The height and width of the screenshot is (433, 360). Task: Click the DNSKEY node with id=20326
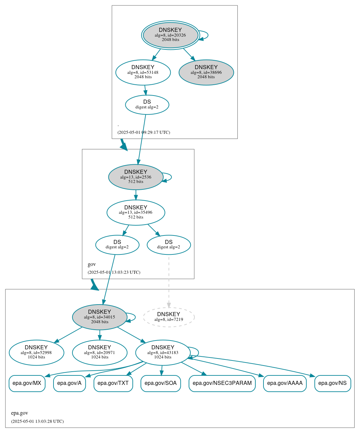[x=170, y=35]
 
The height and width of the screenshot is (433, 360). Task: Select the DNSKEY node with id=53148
[x=143, y=72]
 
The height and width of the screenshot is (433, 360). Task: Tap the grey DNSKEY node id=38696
[x=206, y=72]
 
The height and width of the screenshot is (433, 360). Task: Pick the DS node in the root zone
[x=147, y=105]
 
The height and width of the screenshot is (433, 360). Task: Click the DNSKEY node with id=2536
[x=136, y=177]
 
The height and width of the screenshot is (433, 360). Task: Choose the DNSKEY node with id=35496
[x=136, y=212]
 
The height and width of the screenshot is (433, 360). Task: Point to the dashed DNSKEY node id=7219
[x=169, y=317]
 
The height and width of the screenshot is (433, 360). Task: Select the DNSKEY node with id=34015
[x=100, y=317]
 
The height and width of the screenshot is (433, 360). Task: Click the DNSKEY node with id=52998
[x=36, y=353]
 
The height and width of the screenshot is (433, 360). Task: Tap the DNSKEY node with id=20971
[x=100, y=353]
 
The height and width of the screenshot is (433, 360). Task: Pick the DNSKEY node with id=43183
[x=163, y=353]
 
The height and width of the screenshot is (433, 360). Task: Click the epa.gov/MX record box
[x=27, y=384]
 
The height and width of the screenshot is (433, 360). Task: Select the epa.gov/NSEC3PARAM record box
[x=222, y=384]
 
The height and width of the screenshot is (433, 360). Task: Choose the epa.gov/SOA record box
[x=161, y=384]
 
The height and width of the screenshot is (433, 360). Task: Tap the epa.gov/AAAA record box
[x=285, y=384]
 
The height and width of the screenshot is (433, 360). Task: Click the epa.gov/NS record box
[x=333, y=384]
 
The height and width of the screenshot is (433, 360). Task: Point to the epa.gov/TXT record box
[x=113, y=384]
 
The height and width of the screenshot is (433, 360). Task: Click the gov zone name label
[x=92, y=264]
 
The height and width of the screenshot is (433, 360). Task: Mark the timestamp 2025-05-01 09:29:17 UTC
[x=144, y=132]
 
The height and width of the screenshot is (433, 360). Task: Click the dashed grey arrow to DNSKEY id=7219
[x=169, y=281]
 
